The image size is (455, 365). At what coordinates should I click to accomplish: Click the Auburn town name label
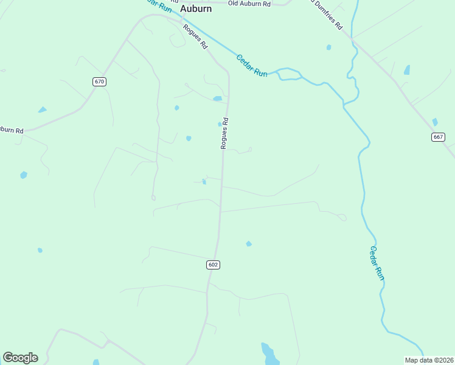point(196,9)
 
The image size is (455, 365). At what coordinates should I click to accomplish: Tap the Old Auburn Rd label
point(249,4)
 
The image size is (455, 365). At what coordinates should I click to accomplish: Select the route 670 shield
point(100,82)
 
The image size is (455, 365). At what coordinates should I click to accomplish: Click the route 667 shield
point(438,137)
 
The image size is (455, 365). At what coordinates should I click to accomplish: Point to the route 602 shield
point(213,265)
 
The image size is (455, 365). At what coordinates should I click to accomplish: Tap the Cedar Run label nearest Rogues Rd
point(251,64)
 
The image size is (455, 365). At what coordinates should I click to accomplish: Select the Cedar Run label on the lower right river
point(377,262)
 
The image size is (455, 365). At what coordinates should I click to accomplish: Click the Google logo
point(20,358)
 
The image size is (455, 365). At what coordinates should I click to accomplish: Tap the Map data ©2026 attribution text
point(429,360)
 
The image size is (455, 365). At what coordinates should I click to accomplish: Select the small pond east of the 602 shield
point(248,244)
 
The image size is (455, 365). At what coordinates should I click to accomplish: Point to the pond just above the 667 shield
point(434,122)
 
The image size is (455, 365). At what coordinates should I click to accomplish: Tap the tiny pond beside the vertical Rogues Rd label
point(220,124)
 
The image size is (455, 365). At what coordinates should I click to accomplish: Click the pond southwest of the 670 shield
point(42,110)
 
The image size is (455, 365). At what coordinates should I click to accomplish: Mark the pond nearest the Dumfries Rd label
point(329,47)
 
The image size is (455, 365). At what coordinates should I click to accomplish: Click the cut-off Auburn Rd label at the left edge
point(11,130)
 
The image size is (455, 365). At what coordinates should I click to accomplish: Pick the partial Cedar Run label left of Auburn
point(159,5)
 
